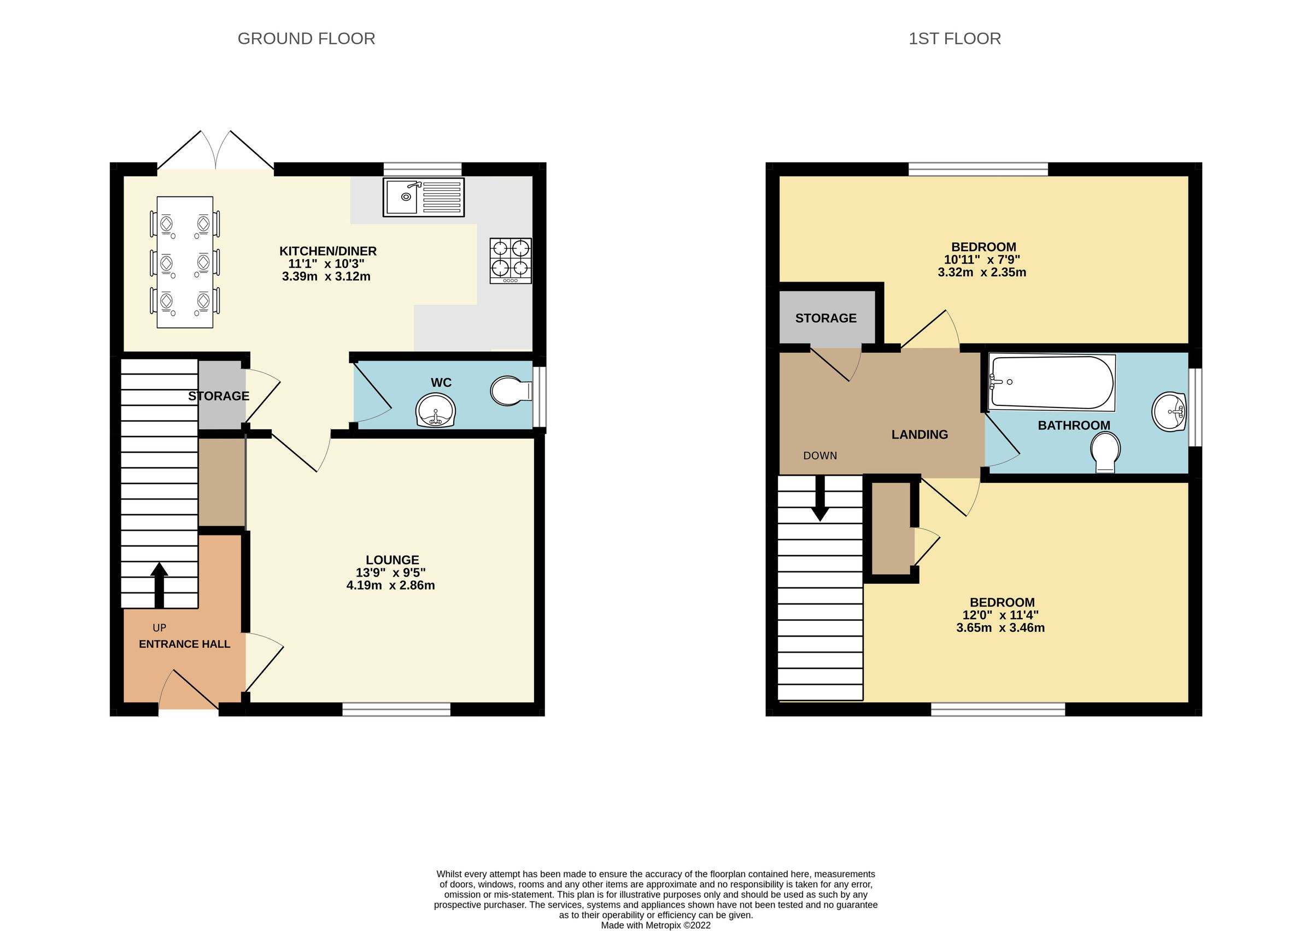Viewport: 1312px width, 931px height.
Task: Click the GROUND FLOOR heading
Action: [x=306, y=39]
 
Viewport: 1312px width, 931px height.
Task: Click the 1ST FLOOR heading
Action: [x=954, y=39]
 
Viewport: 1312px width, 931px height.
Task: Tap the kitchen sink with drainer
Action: [x=423, y=197]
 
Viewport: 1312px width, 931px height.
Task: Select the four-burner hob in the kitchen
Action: [x=511, y=261]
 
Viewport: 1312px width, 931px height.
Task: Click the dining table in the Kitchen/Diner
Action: [x=184, y=262]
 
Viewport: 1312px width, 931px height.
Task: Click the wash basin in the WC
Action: [x=436, y=410]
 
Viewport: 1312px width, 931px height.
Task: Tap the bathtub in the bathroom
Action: [x=1052, y=383]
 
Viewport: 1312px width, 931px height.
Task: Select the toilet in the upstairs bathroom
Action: [x=1105, y=452]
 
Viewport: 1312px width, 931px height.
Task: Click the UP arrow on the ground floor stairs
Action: [x=159, y=585]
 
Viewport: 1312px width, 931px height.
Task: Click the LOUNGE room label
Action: [x=393, y=560]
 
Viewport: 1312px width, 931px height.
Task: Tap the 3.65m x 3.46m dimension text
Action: [x=1000, y=628]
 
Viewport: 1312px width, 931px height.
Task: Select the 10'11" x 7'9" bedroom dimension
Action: [x=982, y=260]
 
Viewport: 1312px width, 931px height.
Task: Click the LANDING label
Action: [x=919, y=434]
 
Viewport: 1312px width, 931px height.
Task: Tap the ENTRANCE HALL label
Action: [x=184, y=644]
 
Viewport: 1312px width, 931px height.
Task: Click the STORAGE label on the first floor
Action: [x=825, y=318]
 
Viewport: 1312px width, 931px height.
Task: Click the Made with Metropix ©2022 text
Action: [x=655, y=924]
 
